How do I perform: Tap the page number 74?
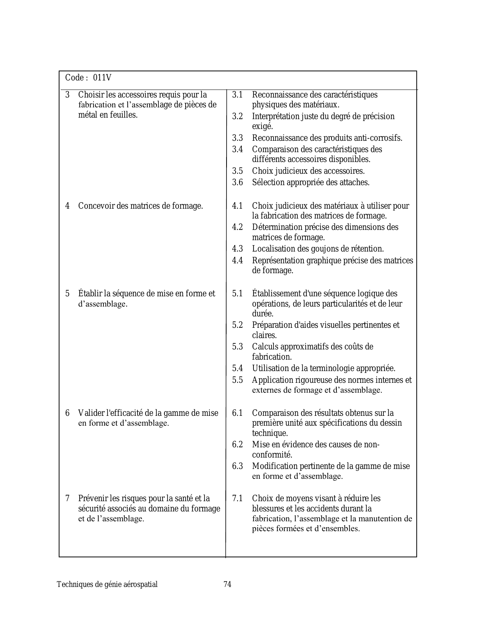pyautogui.click(x=227, y=584)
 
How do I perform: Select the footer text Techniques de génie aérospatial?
pyautogui.click(x=107, y=584)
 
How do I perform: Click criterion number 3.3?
pyautogui.click(x=238, y=138)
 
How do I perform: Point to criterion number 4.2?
pyautogui.click(x=238, y=227)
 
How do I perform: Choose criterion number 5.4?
pyautogui.click(x=238, y=368)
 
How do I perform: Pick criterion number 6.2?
pyautogui.click(x=238, y=445)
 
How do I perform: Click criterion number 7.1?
pyautogui.click(x=238, y=499)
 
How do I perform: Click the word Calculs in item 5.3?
pyautogui.click(x=264, y=347)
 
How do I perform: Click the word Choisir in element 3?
pyautogui.click(x=90, y=94)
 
